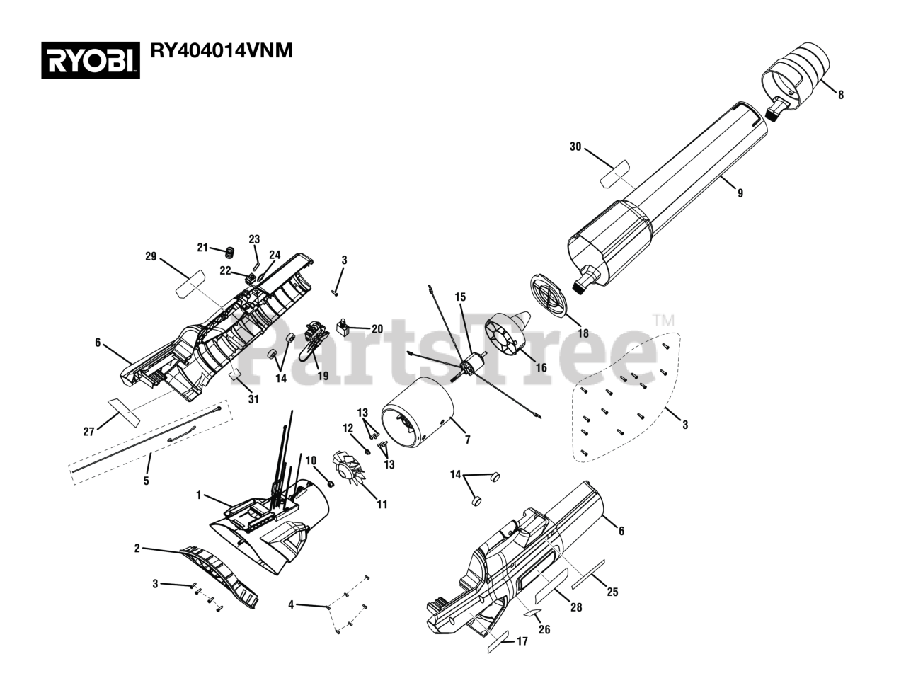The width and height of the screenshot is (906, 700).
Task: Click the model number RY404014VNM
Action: click(221, 51)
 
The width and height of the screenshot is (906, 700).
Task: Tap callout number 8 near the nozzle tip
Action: click(840, 95)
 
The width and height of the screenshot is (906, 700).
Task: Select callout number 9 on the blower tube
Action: click(740, 193)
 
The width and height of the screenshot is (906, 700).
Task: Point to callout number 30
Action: click(575, 147)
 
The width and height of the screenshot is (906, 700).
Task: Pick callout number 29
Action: click(151, 257)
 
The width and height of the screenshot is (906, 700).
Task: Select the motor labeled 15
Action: click(469, 365)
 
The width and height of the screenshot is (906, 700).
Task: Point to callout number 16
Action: click(541, 368)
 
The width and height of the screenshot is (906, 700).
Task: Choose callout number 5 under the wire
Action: click(147, 481)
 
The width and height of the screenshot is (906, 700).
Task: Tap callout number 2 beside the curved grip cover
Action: click(137, 548)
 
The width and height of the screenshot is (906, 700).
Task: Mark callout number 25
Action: click(612, 592)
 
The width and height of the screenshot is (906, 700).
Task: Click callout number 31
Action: click(253, 399)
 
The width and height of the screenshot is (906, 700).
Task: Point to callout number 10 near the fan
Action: click(311, 461)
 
